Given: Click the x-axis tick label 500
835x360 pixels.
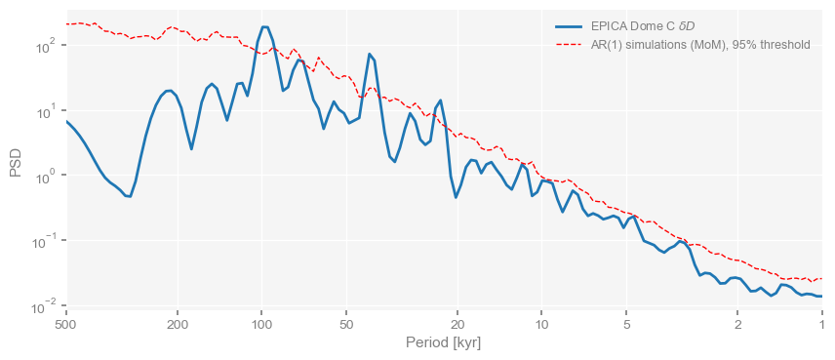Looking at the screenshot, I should point(65,324).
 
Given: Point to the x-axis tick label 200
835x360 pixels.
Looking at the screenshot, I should point(178,324).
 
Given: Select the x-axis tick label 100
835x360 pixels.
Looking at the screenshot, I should point(261,324).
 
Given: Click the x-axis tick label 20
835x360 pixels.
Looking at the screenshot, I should point(457,324).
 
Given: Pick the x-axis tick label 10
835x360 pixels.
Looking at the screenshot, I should point(542,324).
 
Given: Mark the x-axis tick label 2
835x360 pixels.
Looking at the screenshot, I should point(738,324).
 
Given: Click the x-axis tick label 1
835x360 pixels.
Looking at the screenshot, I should point(822,324).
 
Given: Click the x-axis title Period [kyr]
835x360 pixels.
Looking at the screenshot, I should point(444,343).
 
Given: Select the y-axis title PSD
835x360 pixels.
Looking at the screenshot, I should point(16,162).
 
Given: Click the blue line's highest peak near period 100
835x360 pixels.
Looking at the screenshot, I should point(264,27).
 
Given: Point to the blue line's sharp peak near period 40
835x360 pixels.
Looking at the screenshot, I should point(370,55).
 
